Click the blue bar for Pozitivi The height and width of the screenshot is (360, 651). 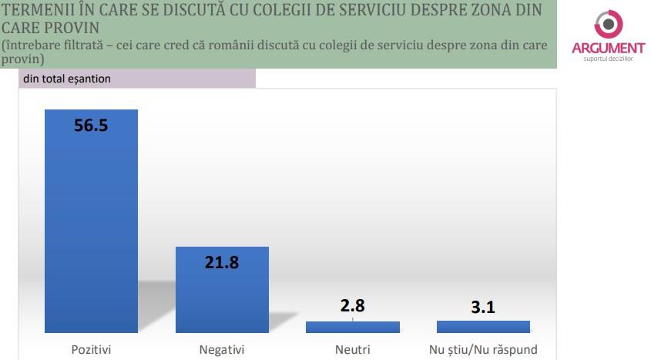91,231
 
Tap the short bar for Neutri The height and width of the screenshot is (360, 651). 352,327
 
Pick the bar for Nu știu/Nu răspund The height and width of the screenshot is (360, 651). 482,327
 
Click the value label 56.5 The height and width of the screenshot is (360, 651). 91,126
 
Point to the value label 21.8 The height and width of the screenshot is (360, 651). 222,263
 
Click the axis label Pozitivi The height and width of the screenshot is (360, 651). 91,349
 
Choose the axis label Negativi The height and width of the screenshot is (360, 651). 222,349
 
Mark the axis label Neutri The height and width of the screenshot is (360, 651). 352,349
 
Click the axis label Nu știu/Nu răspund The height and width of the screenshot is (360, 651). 482,349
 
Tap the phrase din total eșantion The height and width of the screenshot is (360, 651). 67,79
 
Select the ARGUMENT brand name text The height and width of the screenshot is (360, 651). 608,49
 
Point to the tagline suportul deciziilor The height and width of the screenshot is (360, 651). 608,60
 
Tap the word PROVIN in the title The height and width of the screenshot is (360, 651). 72,28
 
